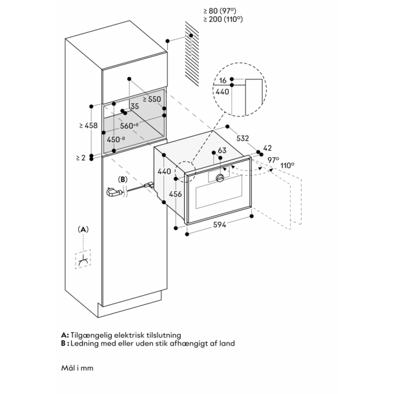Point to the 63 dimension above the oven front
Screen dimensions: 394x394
coord(222,150)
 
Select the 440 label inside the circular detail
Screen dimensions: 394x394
coord(222,92)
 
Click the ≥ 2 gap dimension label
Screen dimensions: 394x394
coord(80,157)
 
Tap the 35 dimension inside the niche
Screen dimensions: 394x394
coord(134,107)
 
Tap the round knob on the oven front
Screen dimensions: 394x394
coord(221,178)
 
